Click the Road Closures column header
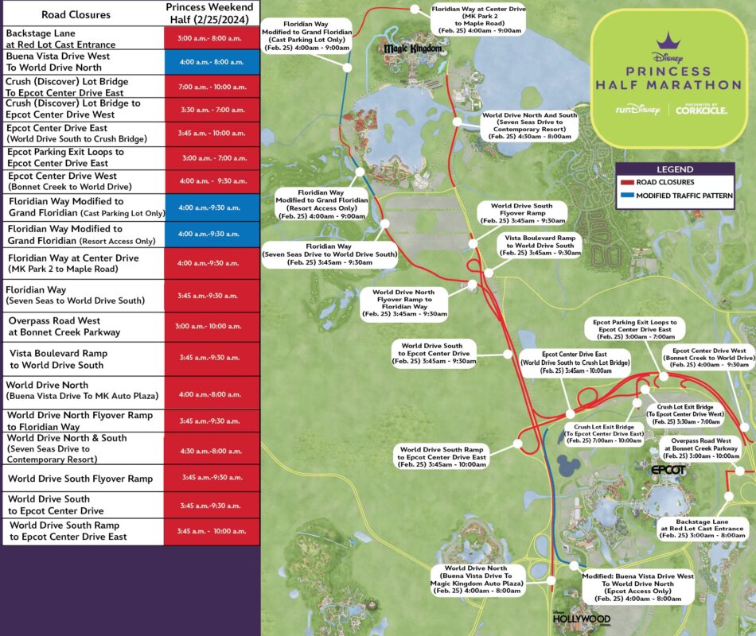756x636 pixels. (x=82, y=14)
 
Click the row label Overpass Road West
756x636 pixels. (x=64, y=326)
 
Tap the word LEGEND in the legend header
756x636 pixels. (x=674, y=169)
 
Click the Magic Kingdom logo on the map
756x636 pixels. (x=411, y=49)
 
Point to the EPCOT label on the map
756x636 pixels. (x=668, y=471)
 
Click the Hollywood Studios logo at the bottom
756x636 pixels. (x=581, y=618)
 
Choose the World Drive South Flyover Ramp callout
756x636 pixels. (x=521, y=213)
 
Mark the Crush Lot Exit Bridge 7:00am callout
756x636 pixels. (x=609, y=433)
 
